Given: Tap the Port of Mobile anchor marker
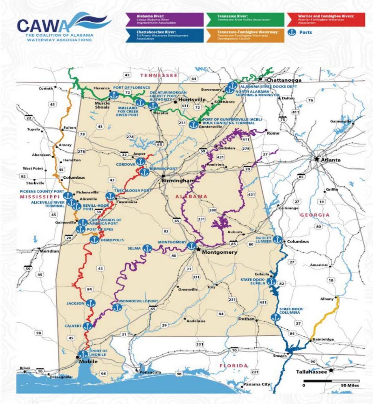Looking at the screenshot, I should point(83,354).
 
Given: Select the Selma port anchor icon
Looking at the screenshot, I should point(147,249).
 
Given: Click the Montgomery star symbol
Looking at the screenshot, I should point(198,250).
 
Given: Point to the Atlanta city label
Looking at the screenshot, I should point(329,160).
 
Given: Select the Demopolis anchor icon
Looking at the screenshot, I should point(94,239).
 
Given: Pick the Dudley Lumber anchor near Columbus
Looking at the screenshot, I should point(278,239).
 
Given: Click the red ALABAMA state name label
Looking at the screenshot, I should point(192,196).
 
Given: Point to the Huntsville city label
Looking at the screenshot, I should point(190,100).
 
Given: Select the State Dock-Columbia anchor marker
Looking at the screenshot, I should point(275,317).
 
